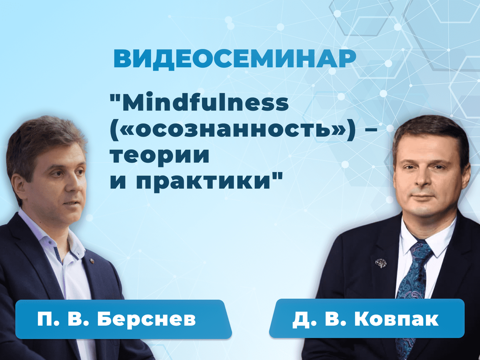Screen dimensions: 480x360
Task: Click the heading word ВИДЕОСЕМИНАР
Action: tap(235, 60)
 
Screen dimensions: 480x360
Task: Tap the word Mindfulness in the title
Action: tap(206, 102)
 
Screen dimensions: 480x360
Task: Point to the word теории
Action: tap(160, 156)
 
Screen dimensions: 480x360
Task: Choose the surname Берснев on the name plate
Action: tap(146, 319)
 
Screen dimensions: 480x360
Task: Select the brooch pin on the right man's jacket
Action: tap(380, 263)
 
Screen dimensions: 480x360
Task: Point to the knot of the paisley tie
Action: tap(421, 251)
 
